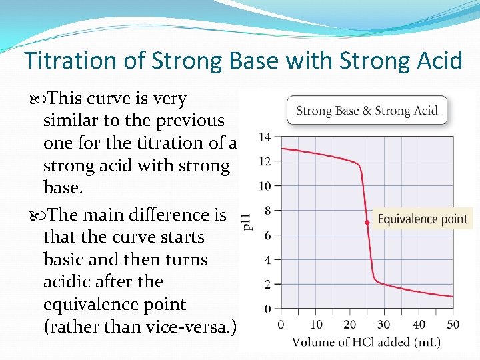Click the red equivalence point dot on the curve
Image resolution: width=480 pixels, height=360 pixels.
[x=367, y=222]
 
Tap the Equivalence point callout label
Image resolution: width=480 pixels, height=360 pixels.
[x=422, y=219]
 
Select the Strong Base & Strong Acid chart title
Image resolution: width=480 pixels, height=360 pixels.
[x=367, y=111]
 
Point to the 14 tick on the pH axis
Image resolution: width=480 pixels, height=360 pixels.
[x=264, y=137]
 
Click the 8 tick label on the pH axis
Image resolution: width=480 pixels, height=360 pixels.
[x=267, y=211]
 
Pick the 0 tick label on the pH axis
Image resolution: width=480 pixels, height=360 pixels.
[x=267, y=309]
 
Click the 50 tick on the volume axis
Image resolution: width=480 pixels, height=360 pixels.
[x=453, y=325]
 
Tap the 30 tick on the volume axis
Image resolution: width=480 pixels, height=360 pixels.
[x=384, y=325]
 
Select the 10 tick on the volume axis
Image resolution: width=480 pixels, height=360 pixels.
[x=315, y=325]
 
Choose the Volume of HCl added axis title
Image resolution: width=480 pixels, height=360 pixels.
[x=367, y=343]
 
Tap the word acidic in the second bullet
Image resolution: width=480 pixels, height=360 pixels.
[x=70, y=282]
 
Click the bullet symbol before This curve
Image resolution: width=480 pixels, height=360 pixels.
[x=35, y=99]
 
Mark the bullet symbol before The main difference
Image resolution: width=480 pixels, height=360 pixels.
[x=35, y=215]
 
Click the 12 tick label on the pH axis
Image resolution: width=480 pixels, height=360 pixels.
[x=264, y=161]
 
